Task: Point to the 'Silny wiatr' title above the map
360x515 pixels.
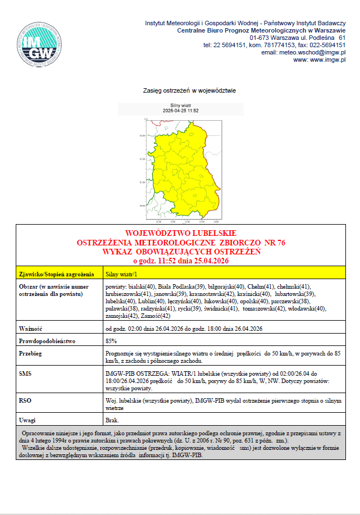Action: pos(180,105)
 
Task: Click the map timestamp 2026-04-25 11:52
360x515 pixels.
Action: pos(180,111)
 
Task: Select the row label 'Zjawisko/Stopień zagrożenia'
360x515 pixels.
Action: pos(56,275)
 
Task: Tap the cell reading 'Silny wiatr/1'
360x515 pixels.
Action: pos(122,275)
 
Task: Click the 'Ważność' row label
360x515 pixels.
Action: pos(31,328)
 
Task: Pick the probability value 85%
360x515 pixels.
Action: pos(111,341)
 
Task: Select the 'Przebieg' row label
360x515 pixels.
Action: pos(31,354)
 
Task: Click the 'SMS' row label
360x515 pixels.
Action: pos(25,373)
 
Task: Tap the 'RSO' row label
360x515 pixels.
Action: pos(25,400)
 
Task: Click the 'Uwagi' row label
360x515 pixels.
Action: pos(28,420)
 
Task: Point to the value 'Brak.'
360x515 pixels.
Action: pos(112,420)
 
